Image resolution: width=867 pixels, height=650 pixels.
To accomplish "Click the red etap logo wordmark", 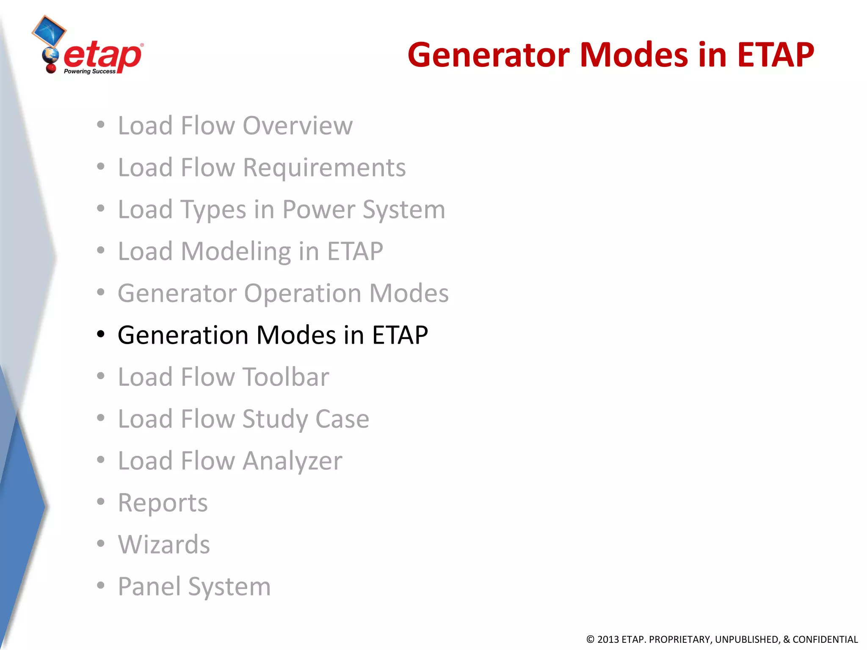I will click(x=103, y=56).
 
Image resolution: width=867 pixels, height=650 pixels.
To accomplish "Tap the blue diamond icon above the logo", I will click(x=49, y=31).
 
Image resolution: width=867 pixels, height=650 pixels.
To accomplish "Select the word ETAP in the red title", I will click(x=775, y=55).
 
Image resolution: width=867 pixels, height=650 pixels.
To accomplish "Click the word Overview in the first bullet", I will click(x=297, y=126).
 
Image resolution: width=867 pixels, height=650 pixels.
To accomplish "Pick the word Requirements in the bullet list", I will click(x=324, y=168).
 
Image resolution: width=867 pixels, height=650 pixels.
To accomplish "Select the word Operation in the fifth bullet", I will click(x=303, y=293).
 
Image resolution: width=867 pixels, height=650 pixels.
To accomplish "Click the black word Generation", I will click(x=183, y=335).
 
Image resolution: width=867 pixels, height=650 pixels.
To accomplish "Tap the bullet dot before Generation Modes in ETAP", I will click(x=100, y=334).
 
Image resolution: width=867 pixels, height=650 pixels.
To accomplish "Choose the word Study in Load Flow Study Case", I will click(x=275, y=419).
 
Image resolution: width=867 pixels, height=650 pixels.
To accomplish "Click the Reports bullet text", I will click(x=163, y=503).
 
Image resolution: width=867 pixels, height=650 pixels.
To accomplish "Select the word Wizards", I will click(x=164, y=544).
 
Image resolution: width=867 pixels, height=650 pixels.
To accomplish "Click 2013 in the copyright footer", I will click(x=608, y=639).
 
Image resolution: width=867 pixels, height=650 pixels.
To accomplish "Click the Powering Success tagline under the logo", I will click(x=89, y=72).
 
